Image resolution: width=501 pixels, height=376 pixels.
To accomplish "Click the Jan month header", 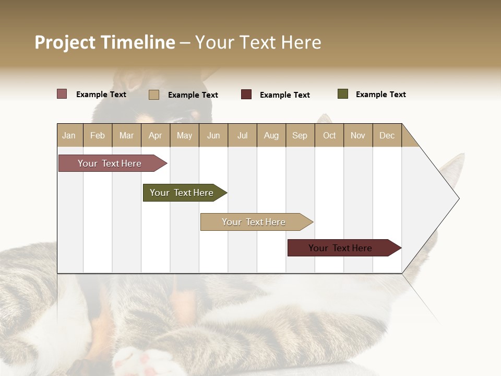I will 69,135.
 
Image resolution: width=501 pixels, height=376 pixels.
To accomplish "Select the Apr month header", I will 156,135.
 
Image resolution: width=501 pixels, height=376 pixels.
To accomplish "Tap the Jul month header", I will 242,135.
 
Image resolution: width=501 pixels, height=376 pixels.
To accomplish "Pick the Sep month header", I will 300,135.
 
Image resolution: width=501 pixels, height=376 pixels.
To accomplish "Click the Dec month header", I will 387,135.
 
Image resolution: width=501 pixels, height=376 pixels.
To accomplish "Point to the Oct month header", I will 329,135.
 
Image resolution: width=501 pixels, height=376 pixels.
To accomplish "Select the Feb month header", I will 98,135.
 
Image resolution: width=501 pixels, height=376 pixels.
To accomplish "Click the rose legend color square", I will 62,94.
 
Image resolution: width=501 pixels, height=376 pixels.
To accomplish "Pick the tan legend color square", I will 153,95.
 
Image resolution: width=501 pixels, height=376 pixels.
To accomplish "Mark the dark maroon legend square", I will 246,95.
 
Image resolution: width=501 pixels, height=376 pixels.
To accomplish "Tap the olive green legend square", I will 343,94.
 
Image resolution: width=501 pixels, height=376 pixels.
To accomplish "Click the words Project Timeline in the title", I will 105,42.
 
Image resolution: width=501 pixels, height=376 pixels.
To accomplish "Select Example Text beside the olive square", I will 380,95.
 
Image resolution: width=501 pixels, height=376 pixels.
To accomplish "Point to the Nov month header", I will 358,135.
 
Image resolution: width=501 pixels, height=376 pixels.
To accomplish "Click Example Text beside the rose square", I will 101,95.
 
